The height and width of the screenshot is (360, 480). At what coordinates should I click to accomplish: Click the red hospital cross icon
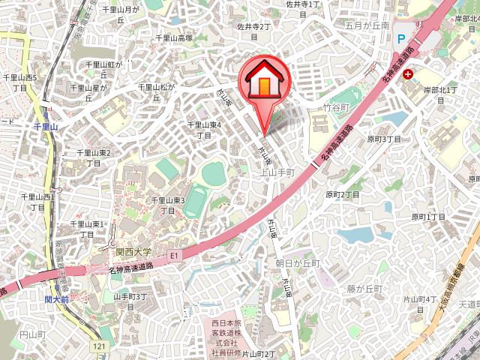point(408,74)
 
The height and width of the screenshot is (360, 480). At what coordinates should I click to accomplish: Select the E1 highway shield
point(175,256)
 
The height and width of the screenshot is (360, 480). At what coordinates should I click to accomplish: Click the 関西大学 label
point(133,252)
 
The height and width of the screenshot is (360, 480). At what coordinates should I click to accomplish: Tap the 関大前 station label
point(56,299)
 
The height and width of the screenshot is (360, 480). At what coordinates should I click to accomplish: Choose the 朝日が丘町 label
point(297,263)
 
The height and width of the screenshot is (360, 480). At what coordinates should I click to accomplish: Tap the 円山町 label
point(33,334)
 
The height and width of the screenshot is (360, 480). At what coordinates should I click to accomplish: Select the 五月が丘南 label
point(367,25)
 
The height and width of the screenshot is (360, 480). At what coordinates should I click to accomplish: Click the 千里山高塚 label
point(174,38)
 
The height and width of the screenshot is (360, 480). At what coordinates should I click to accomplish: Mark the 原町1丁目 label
point(428,217)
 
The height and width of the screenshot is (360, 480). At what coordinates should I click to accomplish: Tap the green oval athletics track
point(196,202)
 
